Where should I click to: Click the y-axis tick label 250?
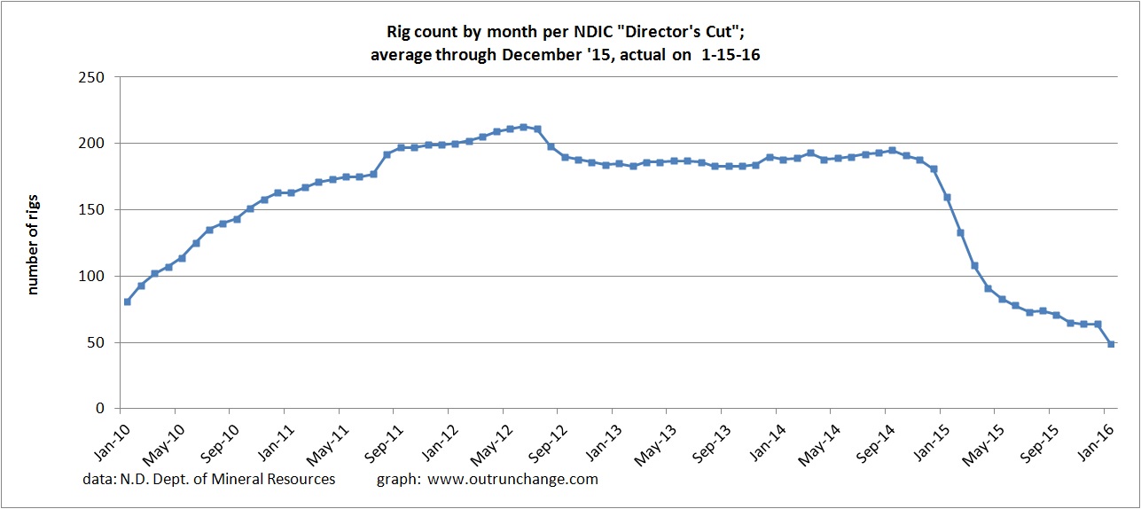tap(92, 77)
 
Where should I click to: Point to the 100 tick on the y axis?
tap(92, 276)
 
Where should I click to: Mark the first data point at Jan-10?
tap(128, 301)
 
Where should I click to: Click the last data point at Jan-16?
tap(1111, 344)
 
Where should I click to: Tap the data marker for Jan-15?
tap(947, 197)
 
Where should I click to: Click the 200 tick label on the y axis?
tap(92, 144)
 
